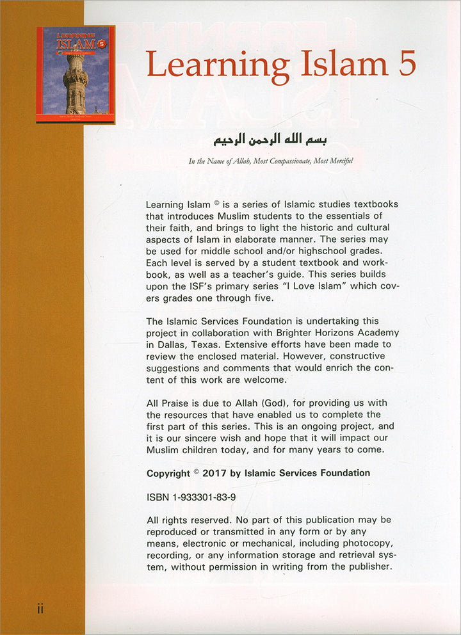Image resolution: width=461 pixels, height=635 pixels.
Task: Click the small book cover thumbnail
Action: (76, 74)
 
